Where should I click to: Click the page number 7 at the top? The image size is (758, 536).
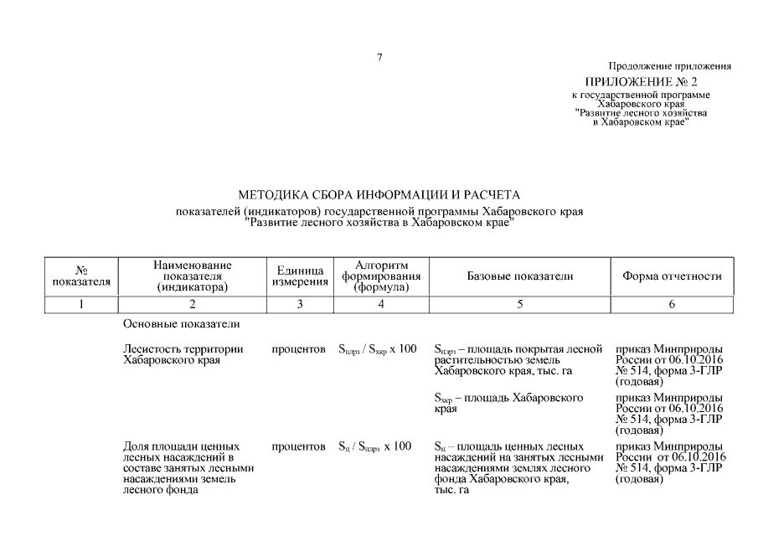tap(379, 57)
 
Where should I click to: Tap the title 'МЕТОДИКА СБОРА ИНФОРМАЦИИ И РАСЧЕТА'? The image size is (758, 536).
tap(379, 195)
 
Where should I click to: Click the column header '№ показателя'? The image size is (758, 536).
tap(81, 276)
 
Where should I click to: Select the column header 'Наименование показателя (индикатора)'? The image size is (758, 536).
tap(193, 276)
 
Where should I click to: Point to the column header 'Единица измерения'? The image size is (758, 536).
tap(299, 276)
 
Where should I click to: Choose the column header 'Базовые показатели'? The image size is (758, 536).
tap(519, 276)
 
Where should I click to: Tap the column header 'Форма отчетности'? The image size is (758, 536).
tap(672, 276)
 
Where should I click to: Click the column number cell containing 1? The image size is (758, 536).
tap(81, 305)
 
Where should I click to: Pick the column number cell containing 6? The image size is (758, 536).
tap(672, 305)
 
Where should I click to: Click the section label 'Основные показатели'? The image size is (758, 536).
tap(182, 323)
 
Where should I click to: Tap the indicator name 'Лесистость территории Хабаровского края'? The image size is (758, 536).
tap(183, 354)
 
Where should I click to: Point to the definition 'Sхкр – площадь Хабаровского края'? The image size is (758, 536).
tap(508, 403)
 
